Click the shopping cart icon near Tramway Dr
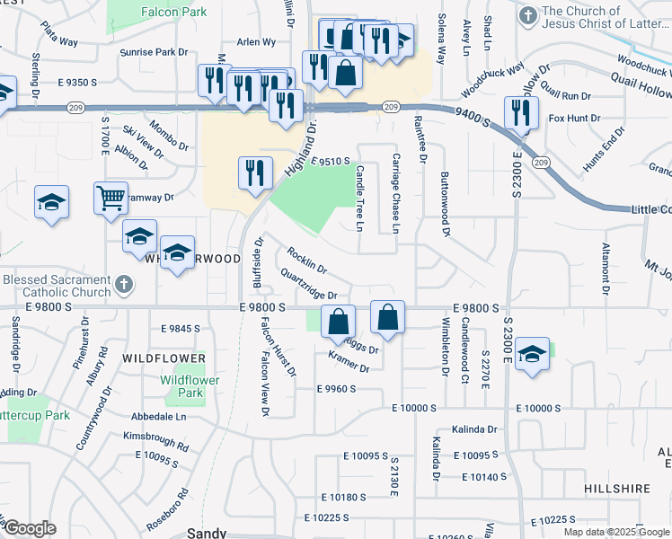pyautogui.click(x=110, y=197)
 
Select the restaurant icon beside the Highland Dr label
pyautogui.click(x=255, y=172)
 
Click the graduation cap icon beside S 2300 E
pyautogui.click(x=532, y=353)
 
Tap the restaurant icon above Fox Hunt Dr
pyautogui.click(x=521, y=112)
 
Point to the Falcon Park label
pyautogui.click(x=173, y=12)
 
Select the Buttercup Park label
pyautogui.click(x=34, y=416)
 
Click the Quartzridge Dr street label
pyautogui.click(x=308, y=285)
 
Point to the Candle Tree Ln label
pyautogui.click(x=359, y=197)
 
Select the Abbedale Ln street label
pyautogui.click(x=158, y=417)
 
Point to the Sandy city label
pyautogui.click(x=206, y=533)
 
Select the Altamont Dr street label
pyautogui.click(x=606, y=268)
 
